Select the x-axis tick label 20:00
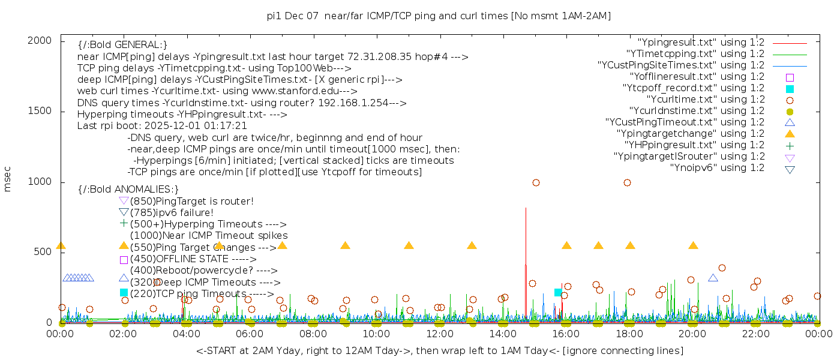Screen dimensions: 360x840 [692, 334]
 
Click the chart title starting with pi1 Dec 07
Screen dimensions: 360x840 [439, 16]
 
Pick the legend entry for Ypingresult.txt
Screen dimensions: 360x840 [701, 42]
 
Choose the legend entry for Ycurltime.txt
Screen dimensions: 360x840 [705, 99]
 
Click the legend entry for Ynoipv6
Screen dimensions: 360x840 [717, 167]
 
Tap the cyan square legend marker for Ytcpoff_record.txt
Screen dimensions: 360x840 [790, 88]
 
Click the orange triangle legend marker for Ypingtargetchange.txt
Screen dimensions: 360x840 [790, 134]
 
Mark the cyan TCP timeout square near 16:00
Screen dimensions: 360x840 [558, 292]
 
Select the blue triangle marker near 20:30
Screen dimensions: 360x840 [713, 278]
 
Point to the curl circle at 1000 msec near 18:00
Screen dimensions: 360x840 [627, 182]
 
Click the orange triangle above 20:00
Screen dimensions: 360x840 [693, 245]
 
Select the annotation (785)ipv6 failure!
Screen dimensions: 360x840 [172, 212]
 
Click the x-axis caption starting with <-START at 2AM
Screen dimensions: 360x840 [439, 350]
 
